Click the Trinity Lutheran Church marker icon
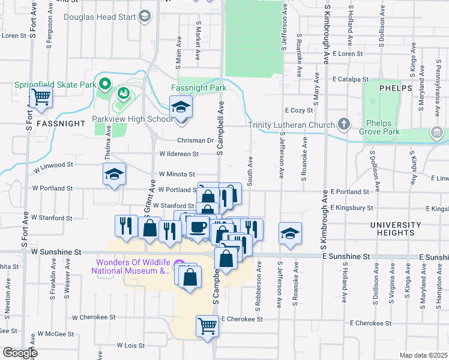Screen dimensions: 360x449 pos(344,124)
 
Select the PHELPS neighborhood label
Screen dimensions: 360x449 pos(396,88)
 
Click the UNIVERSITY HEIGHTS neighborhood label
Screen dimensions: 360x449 pos(396,229)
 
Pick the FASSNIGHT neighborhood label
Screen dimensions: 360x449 pos(60,123)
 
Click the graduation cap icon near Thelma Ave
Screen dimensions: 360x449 pos(114,174)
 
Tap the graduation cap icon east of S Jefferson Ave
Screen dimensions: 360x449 pos(290,233)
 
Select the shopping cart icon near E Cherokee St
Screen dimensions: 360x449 pos(207,326)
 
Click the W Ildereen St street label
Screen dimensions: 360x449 pos(179,154)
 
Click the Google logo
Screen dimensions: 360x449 pos(20,353)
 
